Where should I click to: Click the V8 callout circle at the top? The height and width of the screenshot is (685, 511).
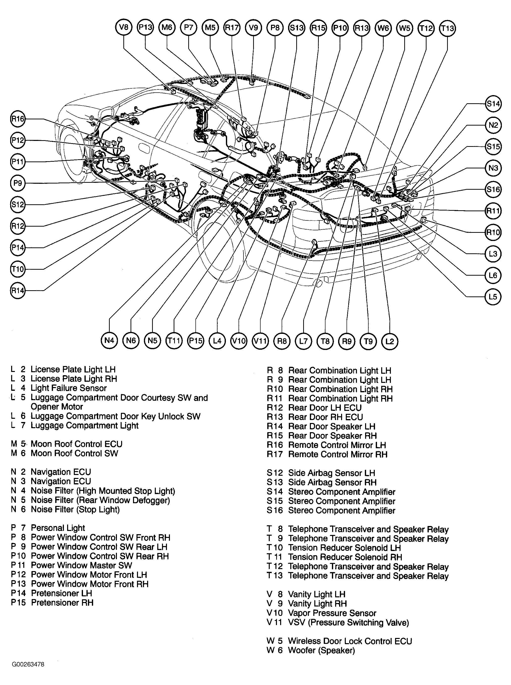pos(124,27)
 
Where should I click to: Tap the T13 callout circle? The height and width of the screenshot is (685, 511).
pos(447,28)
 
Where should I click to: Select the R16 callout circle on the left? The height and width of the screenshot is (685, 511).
pos(18,119)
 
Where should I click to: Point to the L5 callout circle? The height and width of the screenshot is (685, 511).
pos(492,297)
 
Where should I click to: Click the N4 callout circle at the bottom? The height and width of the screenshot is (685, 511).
pos(109,341)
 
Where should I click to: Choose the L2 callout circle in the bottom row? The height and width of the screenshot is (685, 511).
pos(390,342)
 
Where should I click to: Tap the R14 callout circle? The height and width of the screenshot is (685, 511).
pos(18,290)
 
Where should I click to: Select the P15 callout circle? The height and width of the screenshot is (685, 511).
pos(195,341)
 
